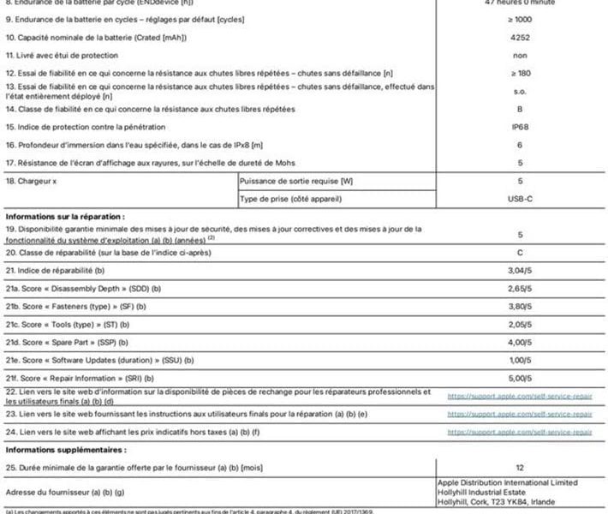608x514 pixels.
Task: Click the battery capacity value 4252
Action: point(520,39)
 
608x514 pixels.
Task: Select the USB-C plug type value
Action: point(520,199)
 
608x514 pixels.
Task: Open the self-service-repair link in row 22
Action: point(520,396)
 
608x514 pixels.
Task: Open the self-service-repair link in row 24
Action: point(520,433)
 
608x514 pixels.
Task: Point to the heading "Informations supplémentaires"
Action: point(65,448)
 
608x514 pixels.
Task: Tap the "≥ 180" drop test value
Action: point(520,73)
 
